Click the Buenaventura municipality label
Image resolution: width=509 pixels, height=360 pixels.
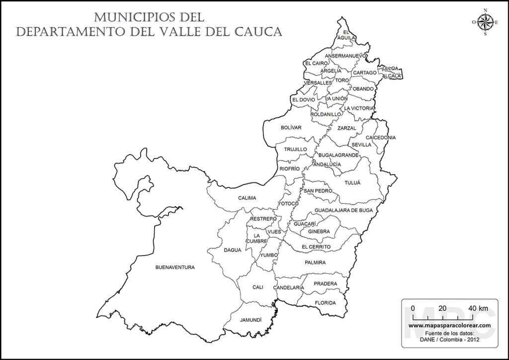(x=175, y=268)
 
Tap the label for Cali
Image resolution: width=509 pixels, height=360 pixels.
(x=257, y=287)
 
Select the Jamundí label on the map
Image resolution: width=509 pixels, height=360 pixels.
(x=251, y=320)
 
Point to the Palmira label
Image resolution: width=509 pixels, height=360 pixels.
(x=315, y=262)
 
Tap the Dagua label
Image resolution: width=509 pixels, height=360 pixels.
(x=232, y=250)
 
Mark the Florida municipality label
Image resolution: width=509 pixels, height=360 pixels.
(x=325, y=303)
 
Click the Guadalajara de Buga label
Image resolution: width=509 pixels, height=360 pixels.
(x=343, y=210)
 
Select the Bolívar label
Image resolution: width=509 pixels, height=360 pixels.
(x=291, y=128)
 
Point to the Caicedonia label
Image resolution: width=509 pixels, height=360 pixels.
(x=380, y=137)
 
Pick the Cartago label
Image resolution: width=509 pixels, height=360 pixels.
(x=364, y=73)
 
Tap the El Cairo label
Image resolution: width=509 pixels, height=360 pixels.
(x=317, y=64)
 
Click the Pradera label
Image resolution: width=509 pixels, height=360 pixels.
(x=325, y=284)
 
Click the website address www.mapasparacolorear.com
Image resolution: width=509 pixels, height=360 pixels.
(x=449, y=325)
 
